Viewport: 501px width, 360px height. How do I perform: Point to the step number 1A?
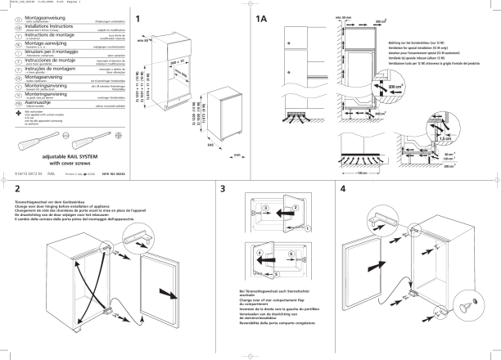pos(262,19)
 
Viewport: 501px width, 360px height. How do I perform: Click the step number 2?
pos(17,189)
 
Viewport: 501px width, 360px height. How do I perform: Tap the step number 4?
pos(342,189)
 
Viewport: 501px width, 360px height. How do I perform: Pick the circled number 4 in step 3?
pos(259,255)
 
